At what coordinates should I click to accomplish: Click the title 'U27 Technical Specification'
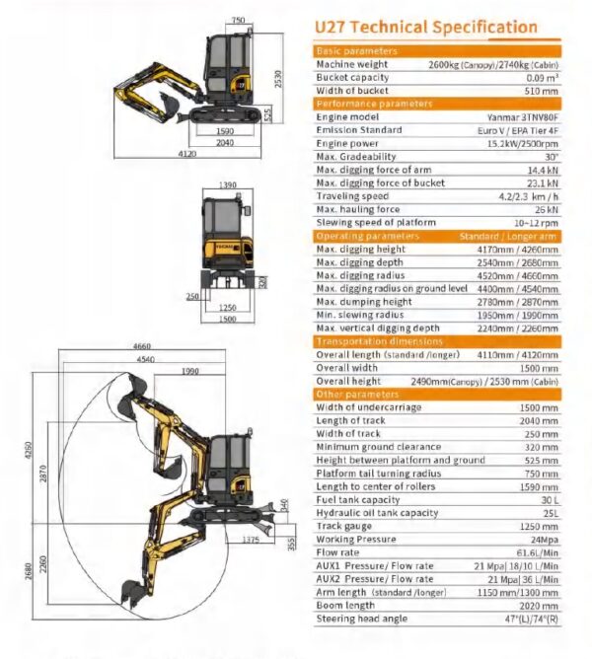[426, 28]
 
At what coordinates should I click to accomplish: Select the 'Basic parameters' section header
[356, 51]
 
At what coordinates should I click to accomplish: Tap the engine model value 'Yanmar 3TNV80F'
[523, 117]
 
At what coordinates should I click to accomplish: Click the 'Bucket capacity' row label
[352, 78]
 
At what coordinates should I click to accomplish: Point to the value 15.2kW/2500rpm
[523, 144]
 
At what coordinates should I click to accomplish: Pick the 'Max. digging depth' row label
[359, 262]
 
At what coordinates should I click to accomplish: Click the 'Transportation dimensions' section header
[380, 341]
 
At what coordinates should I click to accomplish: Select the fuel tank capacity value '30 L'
[550, 500]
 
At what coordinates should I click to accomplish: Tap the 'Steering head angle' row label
[362, 619]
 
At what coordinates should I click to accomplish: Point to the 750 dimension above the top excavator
[238, 20]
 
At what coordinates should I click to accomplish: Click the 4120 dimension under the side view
[187, 154]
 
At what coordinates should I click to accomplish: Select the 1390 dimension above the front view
[228, 184]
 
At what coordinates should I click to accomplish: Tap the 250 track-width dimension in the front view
[192, 296]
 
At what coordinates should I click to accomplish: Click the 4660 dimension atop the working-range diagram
[142, 346]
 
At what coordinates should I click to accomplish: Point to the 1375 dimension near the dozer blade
[251, 540]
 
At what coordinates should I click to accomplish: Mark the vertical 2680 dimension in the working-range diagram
[29, 571]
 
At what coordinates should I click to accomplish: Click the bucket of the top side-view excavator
[169, 102]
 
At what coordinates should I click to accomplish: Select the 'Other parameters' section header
[357, 395]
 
